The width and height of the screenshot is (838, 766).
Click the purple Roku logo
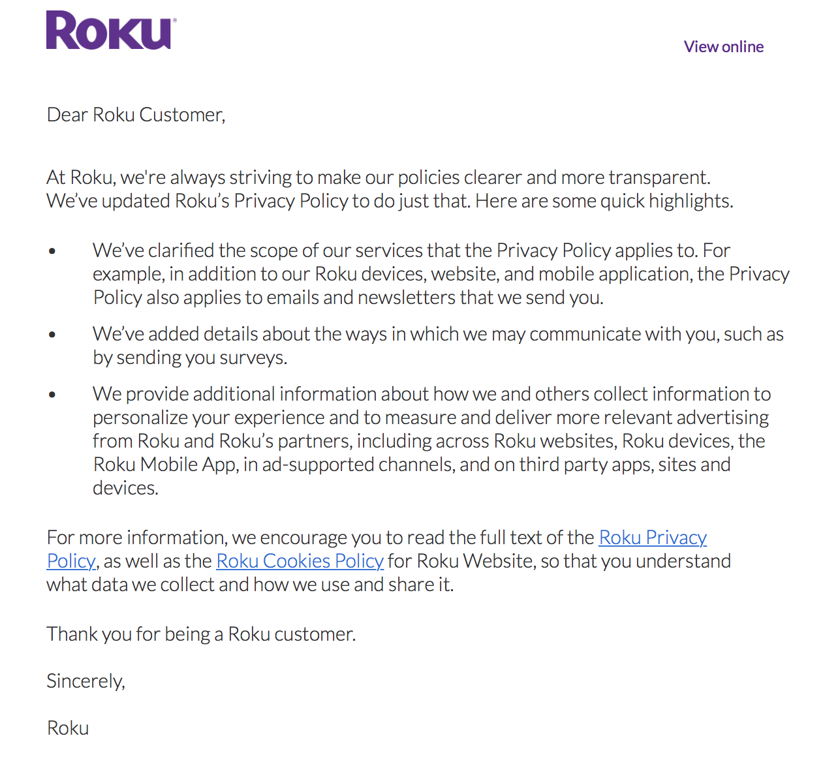110,31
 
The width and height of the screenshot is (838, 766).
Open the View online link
723,47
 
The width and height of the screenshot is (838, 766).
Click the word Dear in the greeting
67,115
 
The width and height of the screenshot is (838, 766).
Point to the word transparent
659,177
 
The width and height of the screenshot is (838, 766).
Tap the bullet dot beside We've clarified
52,251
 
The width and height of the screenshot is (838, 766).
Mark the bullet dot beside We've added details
52,335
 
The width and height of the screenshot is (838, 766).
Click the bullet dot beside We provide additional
52,395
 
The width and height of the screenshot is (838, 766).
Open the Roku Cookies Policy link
300,561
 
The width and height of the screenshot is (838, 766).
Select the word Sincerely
85,681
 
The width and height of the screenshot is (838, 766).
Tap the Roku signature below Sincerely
68,728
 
